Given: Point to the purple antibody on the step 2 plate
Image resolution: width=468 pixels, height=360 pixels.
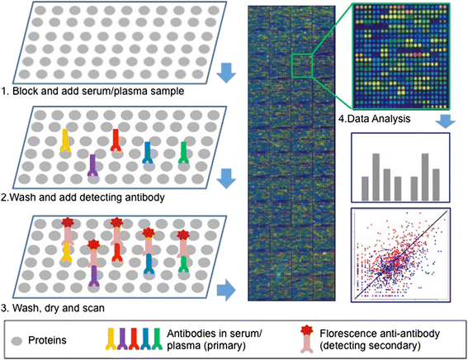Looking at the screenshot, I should click(92, 164).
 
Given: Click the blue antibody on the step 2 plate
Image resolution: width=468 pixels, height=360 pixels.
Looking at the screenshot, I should click(148, 152).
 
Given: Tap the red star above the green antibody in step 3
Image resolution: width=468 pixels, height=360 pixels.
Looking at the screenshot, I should click(182, 236).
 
